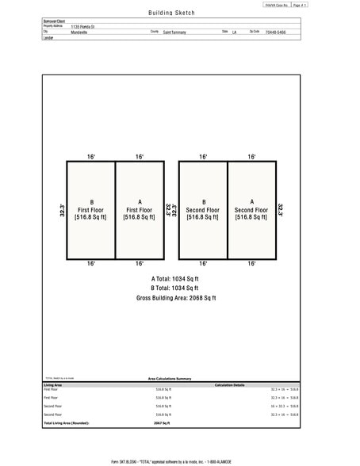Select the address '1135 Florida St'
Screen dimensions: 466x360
(x=82, y=26)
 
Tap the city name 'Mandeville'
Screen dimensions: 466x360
(x=79, y=32)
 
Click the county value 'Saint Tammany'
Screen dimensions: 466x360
(x=174, y=32)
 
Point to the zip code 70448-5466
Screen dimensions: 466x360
(x=275, y=32)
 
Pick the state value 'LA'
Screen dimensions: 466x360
(x=234, y=32)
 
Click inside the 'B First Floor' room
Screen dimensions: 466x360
(x=91, y=209)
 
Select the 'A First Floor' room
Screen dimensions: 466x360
(x=140, y=209)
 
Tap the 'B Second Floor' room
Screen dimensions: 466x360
(x=204, y=209)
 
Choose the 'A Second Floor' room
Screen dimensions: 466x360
(x=251, y=209)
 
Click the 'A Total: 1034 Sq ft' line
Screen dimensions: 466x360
(x=175, y=279)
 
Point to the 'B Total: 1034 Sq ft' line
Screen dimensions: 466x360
(x=175, y=288)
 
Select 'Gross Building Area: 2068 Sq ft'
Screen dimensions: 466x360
(x=175, y=298)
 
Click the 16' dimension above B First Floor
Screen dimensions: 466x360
(x=91, y=157)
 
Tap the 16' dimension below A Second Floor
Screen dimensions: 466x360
(x=251, y=263)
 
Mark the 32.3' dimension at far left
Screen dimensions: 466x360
(x=61, y=210)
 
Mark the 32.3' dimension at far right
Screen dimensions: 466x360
(x=281, y=210)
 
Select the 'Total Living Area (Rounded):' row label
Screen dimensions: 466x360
(x=67, y=423)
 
